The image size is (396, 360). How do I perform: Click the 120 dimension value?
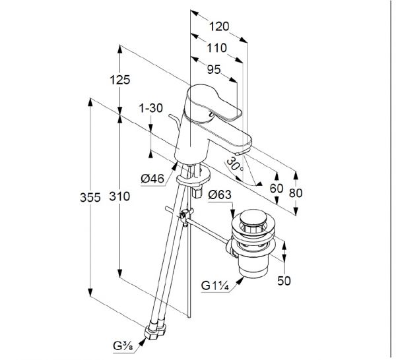tap(219, 26)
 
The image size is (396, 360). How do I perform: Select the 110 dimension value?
tap(217, 47)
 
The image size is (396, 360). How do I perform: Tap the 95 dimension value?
tap(214, 69)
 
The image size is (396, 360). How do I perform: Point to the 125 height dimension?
tap(120, 80)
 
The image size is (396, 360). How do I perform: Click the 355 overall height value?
tap(90, 197)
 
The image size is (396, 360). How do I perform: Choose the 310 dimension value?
tap(119, 196)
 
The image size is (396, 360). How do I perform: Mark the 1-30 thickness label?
tap(151, 108)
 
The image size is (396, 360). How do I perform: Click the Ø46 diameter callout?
tap(152, 179)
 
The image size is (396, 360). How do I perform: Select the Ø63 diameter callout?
tap(220, 195)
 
